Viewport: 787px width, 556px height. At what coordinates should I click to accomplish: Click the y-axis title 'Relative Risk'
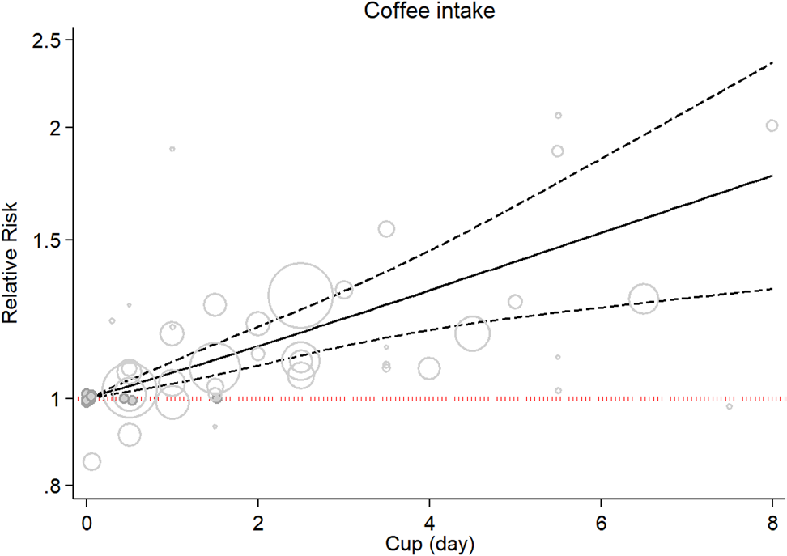coord(11,263)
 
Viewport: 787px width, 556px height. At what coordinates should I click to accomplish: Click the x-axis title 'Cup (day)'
coord(429,541)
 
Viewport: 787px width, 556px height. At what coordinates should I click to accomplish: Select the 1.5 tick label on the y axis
coord(52,240)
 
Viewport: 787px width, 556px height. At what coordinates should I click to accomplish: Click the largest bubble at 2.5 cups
coord(300,295)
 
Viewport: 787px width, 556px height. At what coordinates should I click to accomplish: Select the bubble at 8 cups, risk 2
coord(772,125)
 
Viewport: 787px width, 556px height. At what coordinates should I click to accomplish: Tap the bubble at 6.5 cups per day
coord(644,299)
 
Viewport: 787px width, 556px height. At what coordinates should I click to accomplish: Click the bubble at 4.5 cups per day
coord(472,333)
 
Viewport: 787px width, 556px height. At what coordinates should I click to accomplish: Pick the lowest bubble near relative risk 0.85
coord(91,461)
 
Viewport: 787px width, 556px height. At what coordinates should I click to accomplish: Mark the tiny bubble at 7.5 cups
coord(730,406)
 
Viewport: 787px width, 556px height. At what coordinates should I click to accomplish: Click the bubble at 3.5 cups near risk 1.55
coord(386,229)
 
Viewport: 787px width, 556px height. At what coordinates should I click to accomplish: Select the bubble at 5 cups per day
coord(515,302)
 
